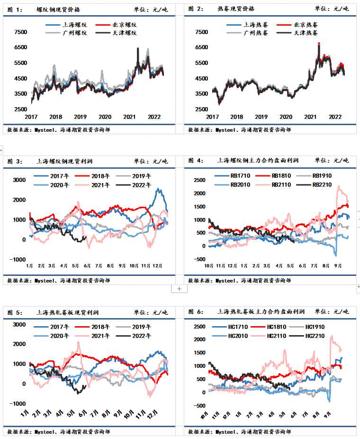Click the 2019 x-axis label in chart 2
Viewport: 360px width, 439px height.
pyautogui.click(x=261, y=117)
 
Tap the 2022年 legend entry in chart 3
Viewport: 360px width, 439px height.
pyautogui.click(x=140, y=185)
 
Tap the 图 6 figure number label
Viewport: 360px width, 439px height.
pyautogui.click(x=196, y=312)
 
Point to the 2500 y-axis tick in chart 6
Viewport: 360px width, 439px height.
pyautogui.click(x=199, y=327)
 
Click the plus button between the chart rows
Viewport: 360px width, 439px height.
pyautogui.click(x=179, y=288)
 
